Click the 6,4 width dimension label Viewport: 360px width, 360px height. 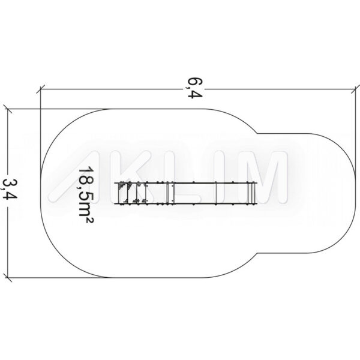pyautogui.click(x=195, y=88)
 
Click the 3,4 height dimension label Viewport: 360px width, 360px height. pyautogui.click(x=10, y=189)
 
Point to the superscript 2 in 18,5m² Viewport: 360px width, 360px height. pyautogui.click(x=90, y=220)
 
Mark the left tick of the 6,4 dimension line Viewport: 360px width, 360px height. pyautogui.click(x=40, y=89)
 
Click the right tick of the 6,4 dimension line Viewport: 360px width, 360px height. pyautogui.click(x=355, y=89)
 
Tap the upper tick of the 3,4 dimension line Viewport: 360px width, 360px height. pyautogui.click(x=8, y=109)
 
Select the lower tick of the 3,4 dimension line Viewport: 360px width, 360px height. pyautogui.click(x=8, y=278)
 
